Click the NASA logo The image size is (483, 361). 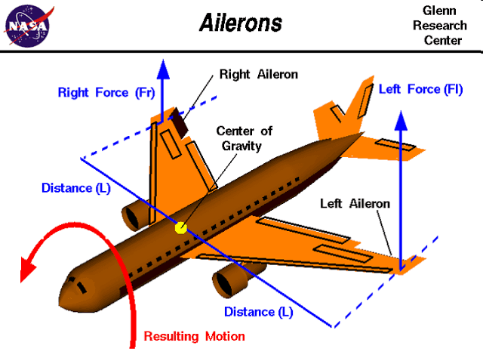point(27,25)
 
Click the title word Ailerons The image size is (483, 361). point(240,23)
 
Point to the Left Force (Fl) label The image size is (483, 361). point(420,89)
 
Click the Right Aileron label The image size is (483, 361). point(259,75)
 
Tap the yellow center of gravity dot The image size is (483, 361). point(180,227)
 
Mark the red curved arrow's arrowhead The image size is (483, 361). point(31,267)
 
